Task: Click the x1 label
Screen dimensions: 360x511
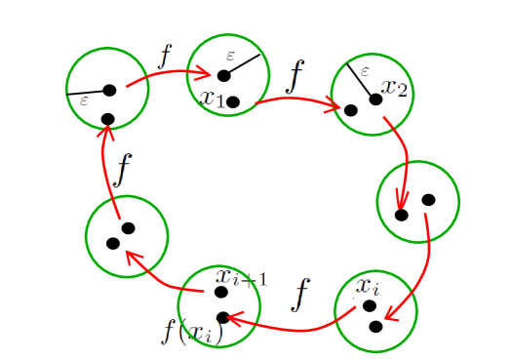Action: coord(212,98)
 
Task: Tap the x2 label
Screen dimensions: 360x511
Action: coord(395,88)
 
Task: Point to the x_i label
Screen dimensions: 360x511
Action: coord(367,287)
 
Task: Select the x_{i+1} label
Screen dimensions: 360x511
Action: coord(242,278)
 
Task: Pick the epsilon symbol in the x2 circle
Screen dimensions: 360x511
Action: coord(365,71)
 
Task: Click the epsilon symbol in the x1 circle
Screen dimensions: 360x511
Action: coord(231,56)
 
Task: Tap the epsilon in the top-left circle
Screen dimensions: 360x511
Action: coord(84,100)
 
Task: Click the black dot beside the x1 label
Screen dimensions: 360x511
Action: coord(233,101)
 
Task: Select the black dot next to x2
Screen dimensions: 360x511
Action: coord(375,99)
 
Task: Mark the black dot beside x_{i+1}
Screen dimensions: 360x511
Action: coord(221,292)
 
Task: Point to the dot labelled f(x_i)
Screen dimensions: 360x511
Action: coord(222,317)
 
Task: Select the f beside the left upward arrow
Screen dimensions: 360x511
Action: coord(121,169)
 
